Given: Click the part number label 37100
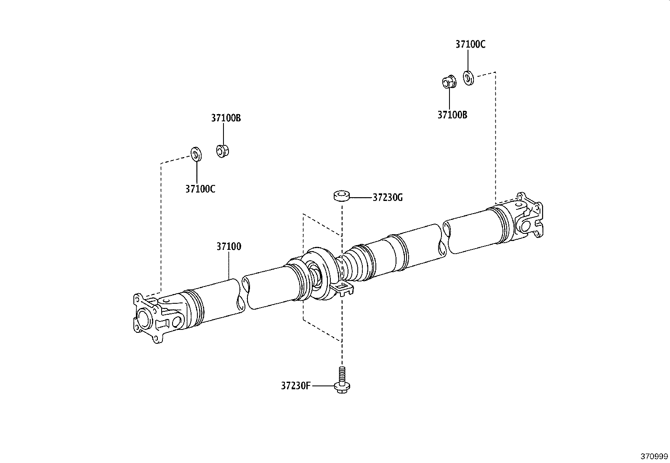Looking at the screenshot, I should coord(229,246).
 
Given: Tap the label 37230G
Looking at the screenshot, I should coord(387,197).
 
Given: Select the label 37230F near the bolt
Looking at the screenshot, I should coord(296,385).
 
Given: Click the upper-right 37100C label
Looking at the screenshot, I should coord(470,44).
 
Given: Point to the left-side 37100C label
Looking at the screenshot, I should coord(200,189).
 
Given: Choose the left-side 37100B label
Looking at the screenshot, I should coord(226,118).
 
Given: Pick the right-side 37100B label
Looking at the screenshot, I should coord(452,115).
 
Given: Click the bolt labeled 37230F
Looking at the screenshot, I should coord(342,381).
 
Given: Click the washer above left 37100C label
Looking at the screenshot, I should coord(196,154).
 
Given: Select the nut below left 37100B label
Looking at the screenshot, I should coord(223,151).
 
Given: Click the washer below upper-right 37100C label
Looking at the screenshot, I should coord(468,78).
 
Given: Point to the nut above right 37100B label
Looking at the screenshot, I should coord(449,82).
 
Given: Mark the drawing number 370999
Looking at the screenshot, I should coord(654,456).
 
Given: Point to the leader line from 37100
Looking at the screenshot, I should coord(229,265).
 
